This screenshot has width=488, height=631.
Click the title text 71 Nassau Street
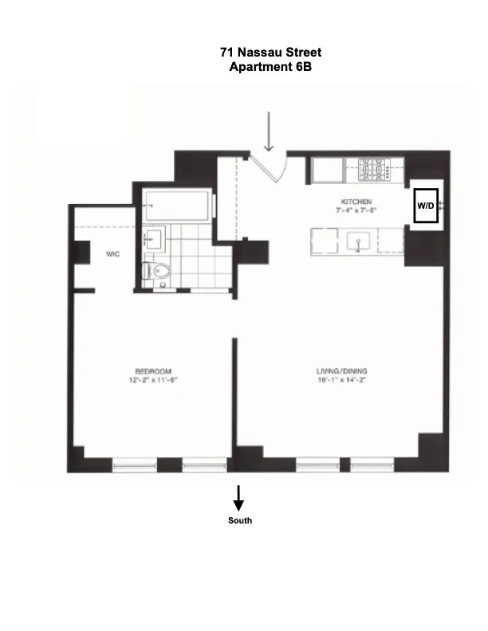[270, 53]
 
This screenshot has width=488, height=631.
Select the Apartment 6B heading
[270, 67]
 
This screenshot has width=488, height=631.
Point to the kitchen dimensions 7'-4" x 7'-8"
[356, 211]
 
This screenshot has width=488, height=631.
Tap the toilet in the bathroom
[156, 271]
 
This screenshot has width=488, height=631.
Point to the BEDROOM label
[153, 371]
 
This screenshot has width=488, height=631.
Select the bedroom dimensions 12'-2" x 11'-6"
[153, 381]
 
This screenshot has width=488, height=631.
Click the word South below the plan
[239, 520]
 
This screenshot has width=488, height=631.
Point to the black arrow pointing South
[238, 499]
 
